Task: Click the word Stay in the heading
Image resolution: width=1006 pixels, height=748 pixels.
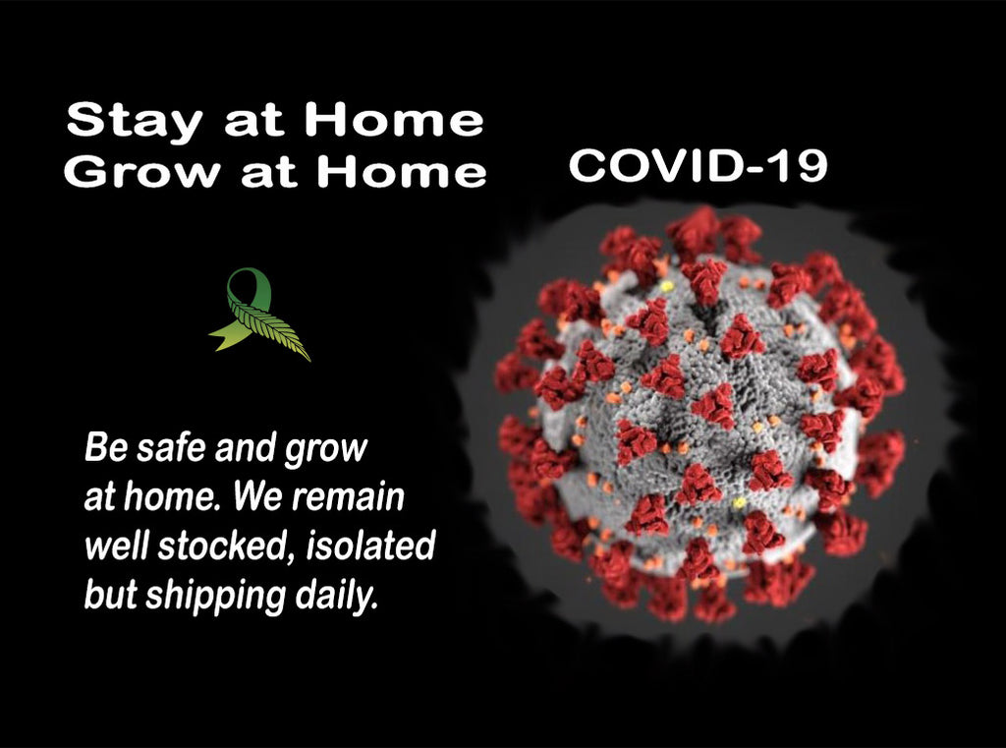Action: pyautogui.click(x=134, y=122)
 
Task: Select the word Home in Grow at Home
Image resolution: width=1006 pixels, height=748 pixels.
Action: pyautogui.click(x=402, y=171)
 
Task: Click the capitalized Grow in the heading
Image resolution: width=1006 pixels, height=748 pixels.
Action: pyautogui.click(x=141, y=171)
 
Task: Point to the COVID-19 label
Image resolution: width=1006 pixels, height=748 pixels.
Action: pyautogui.click(x=699, y=166)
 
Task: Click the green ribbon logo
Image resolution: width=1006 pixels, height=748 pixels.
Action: pyautogui.click(x=259, y=314)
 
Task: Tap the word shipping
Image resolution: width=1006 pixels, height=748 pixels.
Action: pyautogui.click(x=215, y=597)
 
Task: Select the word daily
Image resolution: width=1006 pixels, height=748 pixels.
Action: pyautogui.click(x=336, y=597)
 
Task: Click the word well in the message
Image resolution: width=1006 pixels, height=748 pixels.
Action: pyautogui.click(x=117, y=546)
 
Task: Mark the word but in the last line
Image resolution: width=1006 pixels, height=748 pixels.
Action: pyautogui.click(x=110, y=596)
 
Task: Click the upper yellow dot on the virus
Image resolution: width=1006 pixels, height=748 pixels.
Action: pyautogui.click(x=667, y=286)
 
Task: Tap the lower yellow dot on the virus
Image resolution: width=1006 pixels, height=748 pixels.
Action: pyautogui.click(x=739, y=502)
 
